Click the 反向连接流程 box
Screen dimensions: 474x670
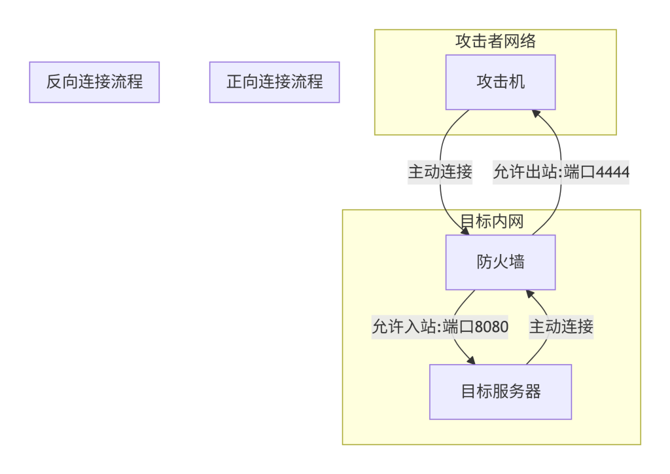[x=94, y=82]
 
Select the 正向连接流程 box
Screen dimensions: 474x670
[x=274, y=82]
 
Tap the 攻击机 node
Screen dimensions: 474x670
[x=501, y=82]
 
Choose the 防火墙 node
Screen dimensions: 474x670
[x=501, y=263]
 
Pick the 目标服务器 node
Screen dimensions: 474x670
[x=501, y=392]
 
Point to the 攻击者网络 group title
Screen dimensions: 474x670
[x=495, y=41]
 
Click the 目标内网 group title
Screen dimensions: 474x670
[x=492, y=221]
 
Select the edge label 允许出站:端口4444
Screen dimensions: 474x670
[x=561, y=172]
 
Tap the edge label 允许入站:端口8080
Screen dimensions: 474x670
[x=440, y=326]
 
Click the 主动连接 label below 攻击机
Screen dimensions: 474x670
[x=440, y=172]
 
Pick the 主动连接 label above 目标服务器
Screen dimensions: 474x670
[x=561, y=326]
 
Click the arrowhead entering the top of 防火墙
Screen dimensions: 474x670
[x=466, y=231]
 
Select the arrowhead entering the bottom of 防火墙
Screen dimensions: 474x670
[x=531, y=294]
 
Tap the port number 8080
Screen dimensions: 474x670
[x=491, y=326]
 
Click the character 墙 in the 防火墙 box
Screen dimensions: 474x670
[x=516, y=263]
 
